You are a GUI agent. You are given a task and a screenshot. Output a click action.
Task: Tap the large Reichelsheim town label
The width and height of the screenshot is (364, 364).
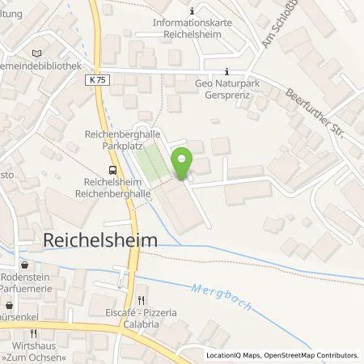click(x=98, y=240)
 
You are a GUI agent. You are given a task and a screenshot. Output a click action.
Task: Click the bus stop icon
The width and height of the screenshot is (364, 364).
click(x=113, y=169)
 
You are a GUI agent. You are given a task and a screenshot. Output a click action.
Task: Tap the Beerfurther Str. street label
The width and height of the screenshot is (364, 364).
click(x=315, y=113)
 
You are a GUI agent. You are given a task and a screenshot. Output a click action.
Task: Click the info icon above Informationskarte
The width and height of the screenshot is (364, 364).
click(x=191, y=11)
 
